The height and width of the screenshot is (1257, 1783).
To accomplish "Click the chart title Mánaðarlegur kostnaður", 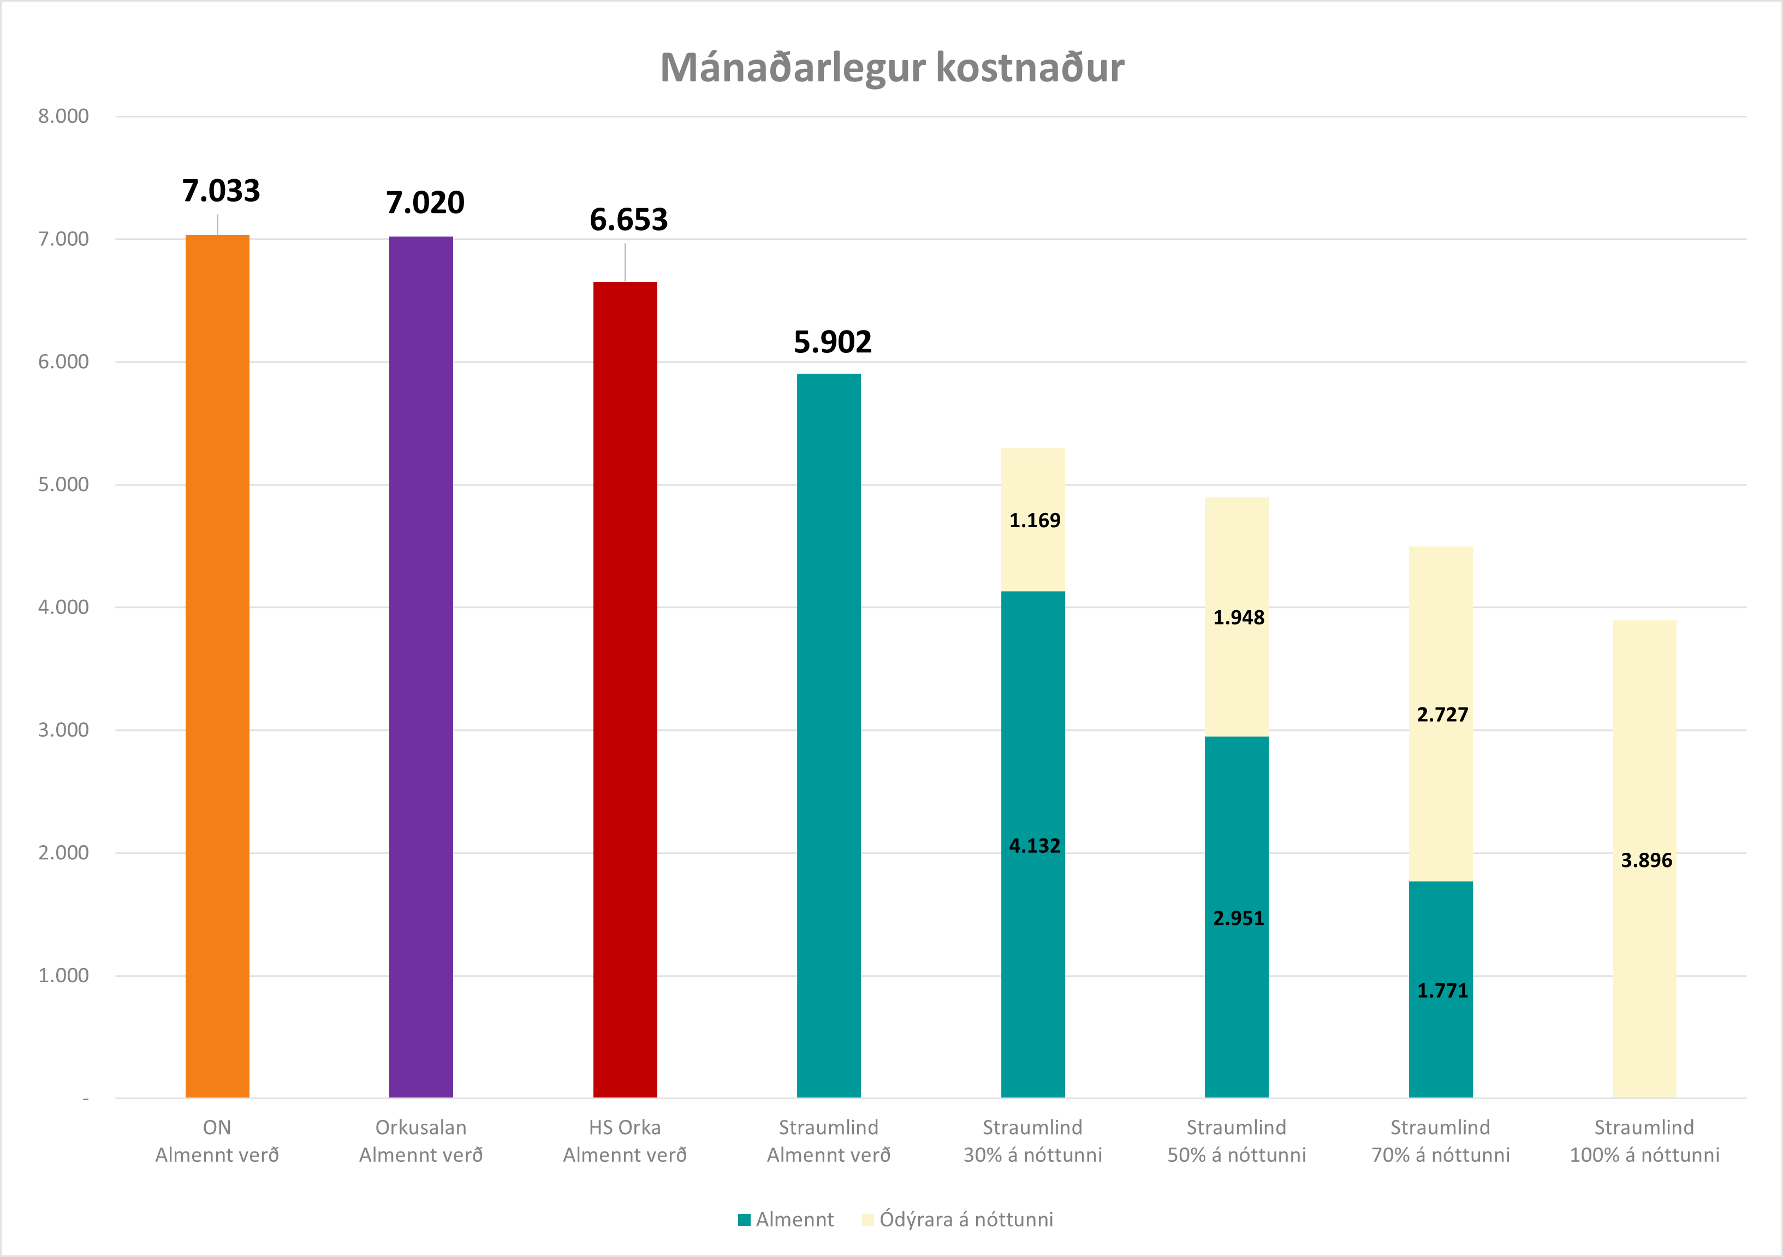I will click(x=891, y=68).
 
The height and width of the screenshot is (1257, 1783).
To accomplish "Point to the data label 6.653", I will click(x=628, y=220).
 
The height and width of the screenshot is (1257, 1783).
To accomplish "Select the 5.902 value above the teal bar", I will click(x=833, y=342).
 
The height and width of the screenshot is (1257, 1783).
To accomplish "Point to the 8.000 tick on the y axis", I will click(x=64, y=116).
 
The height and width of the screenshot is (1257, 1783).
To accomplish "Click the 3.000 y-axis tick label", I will click(x=64, y=730).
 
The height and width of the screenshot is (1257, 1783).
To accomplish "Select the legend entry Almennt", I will click(x=786, y=1220).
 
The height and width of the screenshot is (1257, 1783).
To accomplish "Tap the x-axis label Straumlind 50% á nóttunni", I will click(x=1237, y=1141).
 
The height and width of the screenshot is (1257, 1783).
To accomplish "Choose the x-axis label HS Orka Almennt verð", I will click(x=625, y=1141).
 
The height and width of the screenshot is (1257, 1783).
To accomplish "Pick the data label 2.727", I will click(x=1442, y=715).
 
